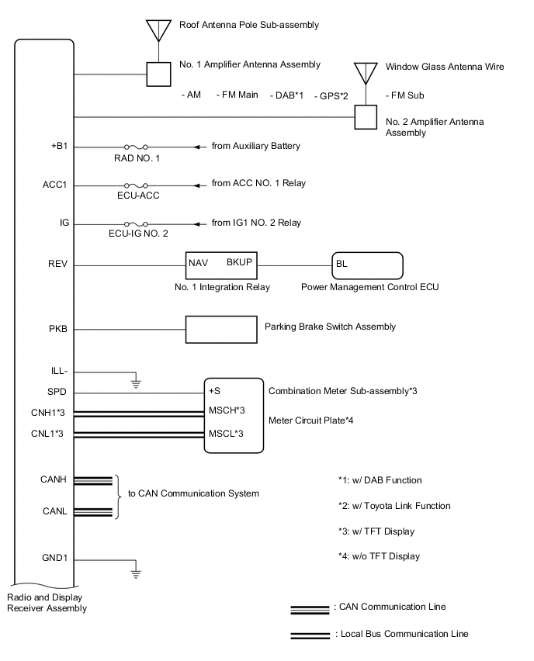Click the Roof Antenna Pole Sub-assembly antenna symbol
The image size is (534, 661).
pyautogui.click(x=158, y=29)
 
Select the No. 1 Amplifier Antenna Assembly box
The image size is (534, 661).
pyautogui.click(x=159, y=74)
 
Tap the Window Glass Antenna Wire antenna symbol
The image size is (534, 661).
pyautogui.click(x=366, y=72)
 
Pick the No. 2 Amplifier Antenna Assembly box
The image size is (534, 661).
pyautogui.click(x=366, y=117)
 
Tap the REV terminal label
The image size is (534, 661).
pyautogui.click(x=58, y=264)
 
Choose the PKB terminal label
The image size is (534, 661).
pyautogui.click(x=58, y=328)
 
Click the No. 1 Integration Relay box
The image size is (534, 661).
pyautogui.click(x=221, y=265)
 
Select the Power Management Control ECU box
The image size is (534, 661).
pyautogui.click(x=367, y=265)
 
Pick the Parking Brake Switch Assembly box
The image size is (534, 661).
pyautogui.click(x=221, y=328)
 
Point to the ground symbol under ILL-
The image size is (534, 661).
pyautogui.click(x=136, y=382)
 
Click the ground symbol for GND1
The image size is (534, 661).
pyautogui.click(x=136, y=573)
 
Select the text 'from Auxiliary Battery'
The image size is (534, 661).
pyautogui.click(x=255, y=146)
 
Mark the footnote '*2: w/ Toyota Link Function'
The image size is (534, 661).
pyautogui.click(x=394, y=506)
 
